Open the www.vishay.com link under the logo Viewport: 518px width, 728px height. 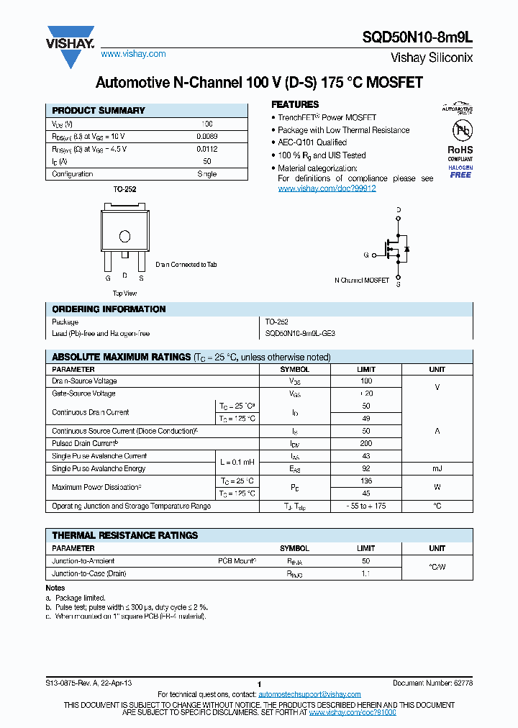point(133,54)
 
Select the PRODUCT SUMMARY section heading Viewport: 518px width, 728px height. point(99,111)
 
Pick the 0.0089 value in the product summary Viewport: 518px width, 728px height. point(207,136)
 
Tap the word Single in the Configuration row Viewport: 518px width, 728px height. point(207,174)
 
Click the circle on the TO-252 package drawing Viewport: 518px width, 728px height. point(124,236)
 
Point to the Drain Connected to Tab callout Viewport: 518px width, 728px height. point(186,265)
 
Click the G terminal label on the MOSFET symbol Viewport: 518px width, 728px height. point(365,255)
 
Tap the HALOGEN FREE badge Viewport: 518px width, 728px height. point(460,171)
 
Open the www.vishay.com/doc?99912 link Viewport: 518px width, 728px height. point(327,188)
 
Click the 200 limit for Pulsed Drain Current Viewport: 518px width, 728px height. point(365,444)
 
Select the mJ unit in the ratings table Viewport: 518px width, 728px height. point(437,468)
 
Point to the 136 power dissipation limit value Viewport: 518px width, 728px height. point(365,481)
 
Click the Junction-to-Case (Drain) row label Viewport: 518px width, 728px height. point(89,573)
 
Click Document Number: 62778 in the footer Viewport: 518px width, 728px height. point(432,683)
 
